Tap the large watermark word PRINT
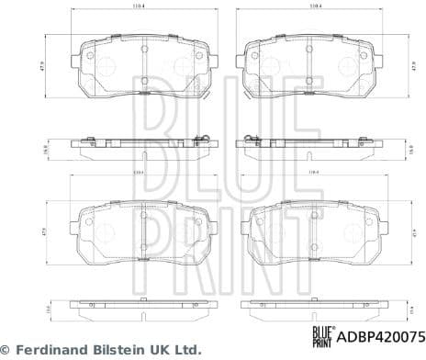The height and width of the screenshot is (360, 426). tap(212, 225)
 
